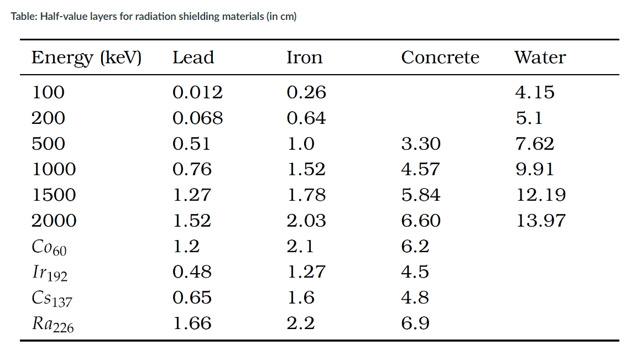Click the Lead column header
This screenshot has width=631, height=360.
[x=193, y=58]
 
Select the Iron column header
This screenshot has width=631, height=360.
[x=304, y=58]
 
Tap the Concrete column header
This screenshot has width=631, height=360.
[x=440, y=58]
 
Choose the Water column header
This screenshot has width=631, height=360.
[x=540, y=58]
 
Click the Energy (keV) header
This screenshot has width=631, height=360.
[x=86, y=58]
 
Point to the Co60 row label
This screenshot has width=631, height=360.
[x=49, y=247]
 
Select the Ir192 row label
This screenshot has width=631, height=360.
[x=50, y=273]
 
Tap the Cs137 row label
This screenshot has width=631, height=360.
[x=52, y=299]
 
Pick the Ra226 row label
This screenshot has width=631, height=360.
[x=53, y=324]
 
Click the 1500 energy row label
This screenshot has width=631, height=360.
[x=54, y=195]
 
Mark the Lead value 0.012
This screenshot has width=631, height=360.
[x=197, y=92]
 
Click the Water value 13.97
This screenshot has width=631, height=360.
[x=540, y=221]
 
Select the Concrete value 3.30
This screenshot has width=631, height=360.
[x=421, y=144]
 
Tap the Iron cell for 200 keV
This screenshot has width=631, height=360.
[x=306, y=118]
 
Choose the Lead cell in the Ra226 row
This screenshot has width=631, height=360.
[x=192, y=324]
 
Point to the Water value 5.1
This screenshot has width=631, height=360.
[x=529, y=118]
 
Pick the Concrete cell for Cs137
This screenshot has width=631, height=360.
[x=415, y=298]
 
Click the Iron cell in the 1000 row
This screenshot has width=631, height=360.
[x=306, y=169]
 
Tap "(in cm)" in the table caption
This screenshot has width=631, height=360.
[x=281, y=17]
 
